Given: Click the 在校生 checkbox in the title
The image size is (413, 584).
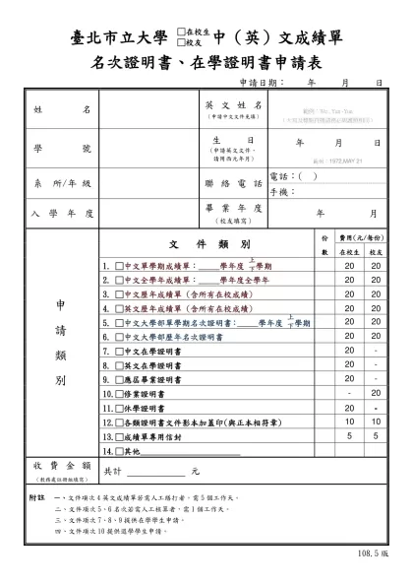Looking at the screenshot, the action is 178,32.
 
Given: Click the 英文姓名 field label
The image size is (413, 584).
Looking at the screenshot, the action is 233,104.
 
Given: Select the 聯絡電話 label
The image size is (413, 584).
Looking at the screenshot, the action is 233,184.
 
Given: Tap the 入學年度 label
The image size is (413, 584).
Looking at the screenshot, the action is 61,213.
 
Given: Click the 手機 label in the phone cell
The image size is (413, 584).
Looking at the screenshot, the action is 279,192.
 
